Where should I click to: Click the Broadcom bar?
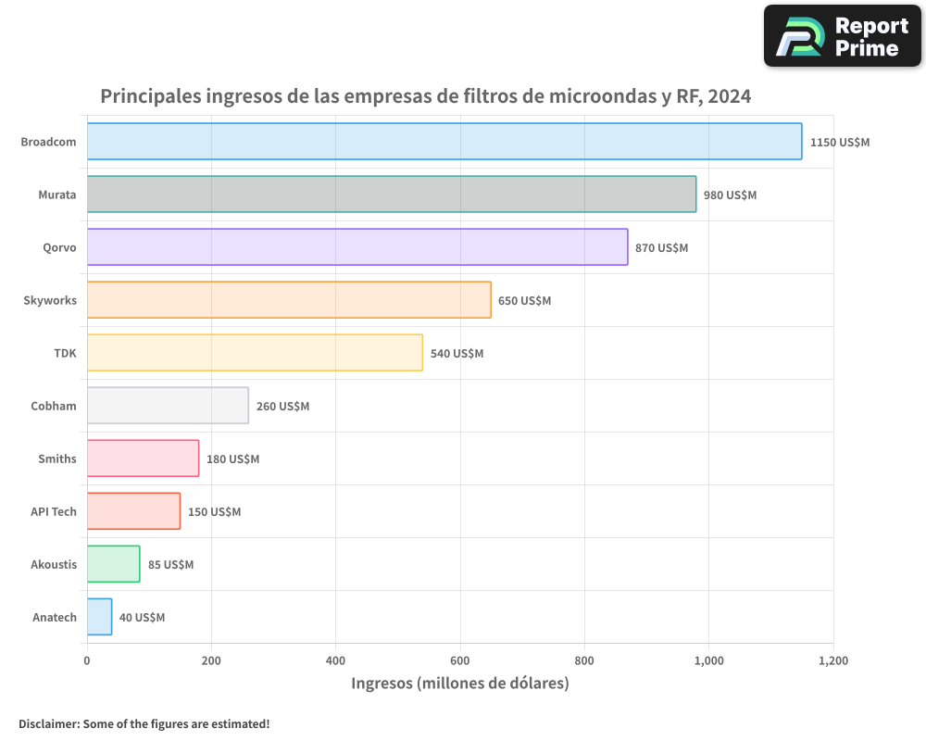click(x=444, y=142)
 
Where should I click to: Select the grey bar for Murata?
click(x=392, y=195)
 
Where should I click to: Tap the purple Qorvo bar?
click(x=357, y=247)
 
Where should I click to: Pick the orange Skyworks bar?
click(x=289, y=300)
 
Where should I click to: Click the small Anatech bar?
click(x=99, y=617)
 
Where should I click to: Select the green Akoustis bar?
click(x=113, y=564)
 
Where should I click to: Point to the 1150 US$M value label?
click(x=840, y=143)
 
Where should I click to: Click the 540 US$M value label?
click(x=457, y=354)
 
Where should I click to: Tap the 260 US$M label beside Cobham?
click(x=282, y=407)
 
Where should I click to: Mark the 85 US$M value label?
click(x=170, y=565)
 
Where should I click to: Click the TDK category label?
click(x=65, y=353)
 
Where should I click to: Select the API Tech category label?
click(x=54, y=511)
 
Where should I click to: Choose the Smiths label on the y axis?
click(x=57, y=458)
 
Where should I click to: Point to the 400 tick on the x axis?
click(x=335, y=661)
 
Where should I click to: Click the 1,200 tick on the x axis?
click(x=832, y=661)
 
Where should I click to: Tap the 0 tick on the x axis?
click(x=87, y=661)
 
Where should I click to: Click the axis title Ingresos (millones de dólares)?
click(x=459, y=684)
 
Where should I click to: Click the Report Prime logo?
click(x=842, y=36)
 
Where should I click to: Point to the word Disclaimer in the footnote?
click(x=48, y=723)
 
